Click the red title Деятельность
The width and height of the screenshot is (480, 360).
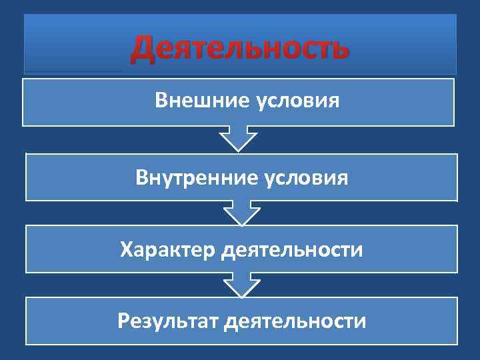point(239,49)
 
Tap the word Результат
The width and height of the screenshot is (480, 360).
point(168,321)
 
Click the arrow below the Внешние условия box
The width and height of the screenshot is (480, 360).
point(238,139)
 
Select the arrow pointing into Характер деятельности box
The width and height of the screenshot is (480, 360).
point(241,213)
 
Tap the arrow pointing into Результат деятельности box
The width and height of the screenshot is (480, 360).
point(241,285)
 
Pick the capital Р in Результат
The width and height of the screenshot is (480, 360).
point(123,321)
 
